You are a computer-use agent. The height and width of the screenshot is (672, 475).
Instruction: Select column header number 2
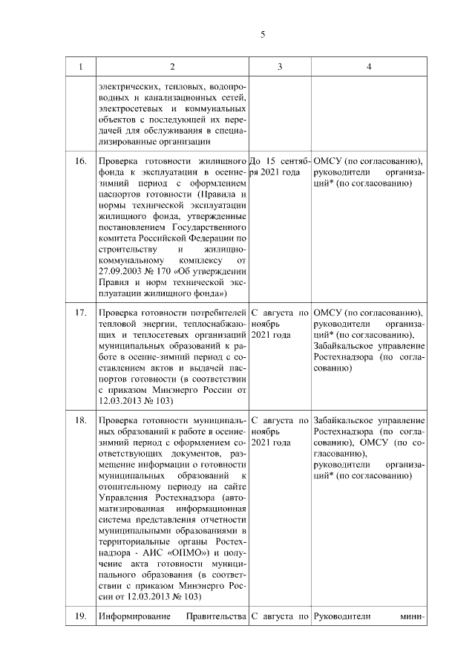[x=172, y=67]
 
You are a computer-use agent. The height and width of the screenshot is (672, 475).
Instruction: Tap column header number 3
[x=279, y=67]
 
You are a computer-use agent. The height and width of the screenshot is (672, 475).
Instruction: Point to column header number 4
[x=369, y=67]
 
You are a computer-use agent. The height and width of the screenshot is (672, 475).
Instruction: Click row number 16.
[x=81, y=161]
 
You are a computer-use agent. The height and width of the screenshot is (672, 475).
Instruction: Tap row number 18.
[x=81, y=422]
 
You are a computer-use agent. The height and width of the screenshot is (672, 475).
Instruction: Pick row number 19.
[x=81, y=616]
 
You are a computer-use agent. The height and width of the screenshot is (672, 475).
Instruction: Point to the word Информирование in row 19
[x=132, y=616]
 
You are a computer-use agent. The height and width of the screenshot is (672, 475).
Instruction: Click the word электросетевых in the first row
[x=125, y=108]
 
